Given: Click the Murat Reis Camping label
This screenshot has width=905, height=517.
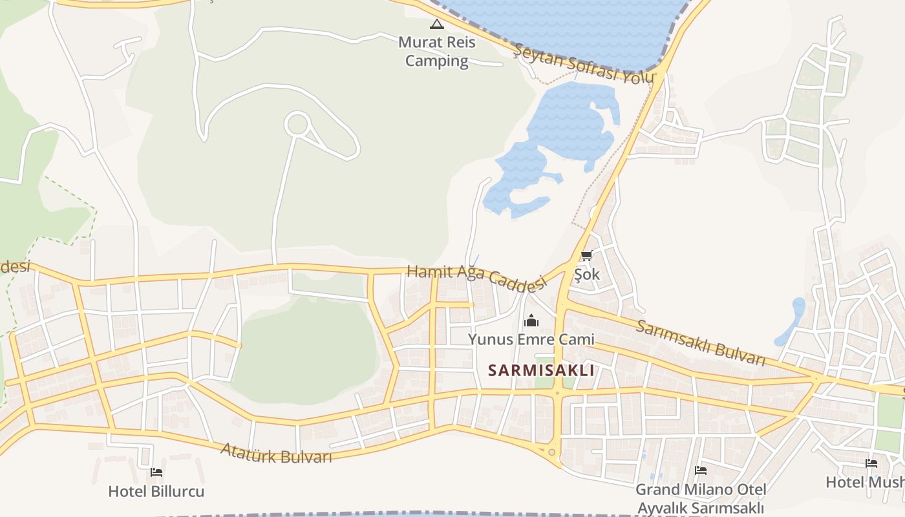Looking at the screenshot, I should coord(436,52).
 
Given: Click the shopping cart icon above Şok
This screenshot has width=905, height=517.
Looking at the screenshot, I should coord(586,256).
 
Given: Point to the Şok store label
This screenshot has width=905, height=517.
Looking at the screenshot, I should coord(587,274).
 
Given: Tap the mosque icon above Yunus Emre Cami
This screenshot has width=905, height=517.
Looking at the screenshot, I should coord(531,321).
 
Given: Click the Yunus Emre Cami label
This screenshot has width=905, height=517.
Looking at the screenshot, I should coord(531,339).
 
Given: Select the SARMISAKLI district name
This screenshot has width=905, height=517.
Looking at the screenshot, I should coord(541,370).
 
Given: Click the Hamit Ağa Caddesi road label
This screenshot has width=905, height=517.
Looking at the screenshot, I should coord(476,276).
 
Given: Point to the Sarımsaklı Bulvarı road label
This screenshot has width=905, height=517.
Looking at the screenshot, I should coord(701,342).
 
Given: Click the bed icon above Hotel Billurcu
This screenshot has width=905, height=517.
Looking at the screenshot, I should coord(156,472).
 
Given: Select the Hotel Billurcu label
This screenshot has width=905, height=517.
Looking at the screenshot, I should coord(156,491).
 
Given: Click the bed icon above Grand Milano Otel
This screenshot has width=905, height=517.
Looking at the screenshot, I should coord(700,470).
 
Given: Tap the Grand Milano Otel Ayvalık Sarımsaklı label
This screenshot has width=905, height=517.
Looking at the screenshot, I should coord(701,498).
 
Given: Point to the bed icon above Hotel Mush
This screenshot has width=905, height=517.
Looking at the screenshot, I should coord(871,463).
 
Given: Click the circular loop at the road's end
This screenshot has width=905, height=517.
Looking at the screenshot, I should coord(297,123).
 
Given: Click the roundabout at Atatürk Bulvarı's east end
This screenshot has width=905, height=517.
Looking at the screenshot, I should coord(551,452).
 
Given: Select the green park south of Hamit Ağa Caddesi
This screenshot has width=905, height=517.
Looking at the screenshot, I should coord(304,349).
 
